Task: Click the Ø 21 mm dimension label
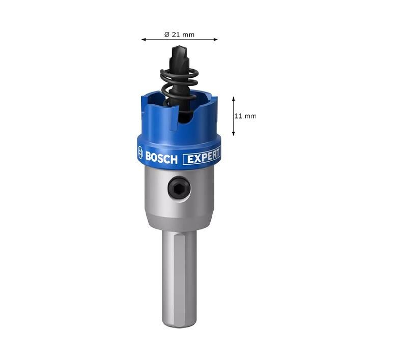tap(179, 35)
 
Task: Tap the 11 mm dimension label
tap(245, 116)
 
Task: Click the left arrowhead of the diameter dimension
tap(144, 39)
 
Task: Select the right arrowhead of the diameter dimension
tap(215, 39)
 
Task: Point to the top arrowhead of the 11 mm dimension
tap(233, 99)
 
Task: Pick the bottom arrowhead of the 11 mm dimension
tap(233, 133)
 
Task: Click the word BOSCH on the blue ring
tap(161, 158)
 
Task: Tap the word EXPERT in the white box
tap(203, 157)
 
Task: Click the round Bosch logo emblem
tap(140, 152)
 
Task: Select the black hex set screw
tap(179, 188)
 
